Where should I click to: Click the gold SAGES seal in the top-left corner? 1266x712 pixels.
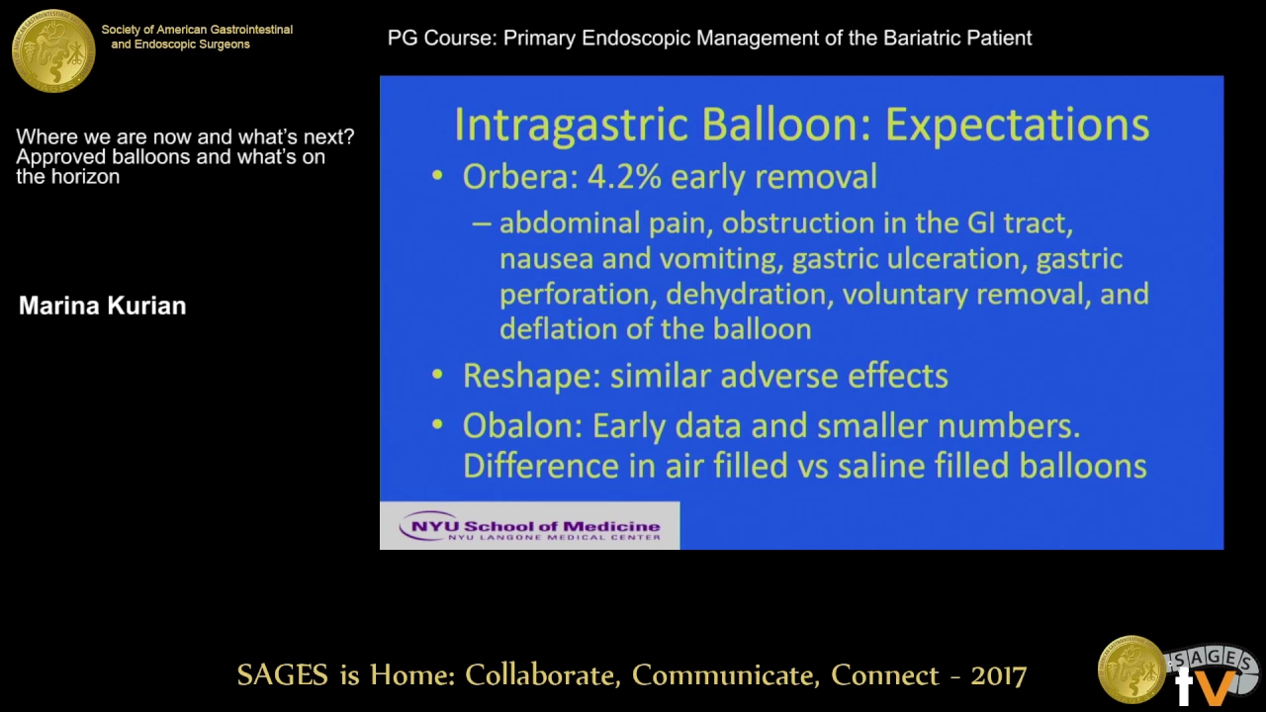(53, 50)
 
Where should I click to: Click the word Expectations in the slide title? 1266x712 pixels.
(1017, 126)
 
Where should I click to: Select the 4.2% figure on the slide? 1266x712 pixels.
(624, 176)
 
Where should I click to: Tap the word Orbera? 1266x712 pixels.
(521, 176)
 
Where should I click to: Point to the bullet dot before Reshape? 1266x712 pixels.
(437, 375)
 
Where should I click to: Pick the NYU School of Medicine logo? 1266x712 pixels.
(529, 525)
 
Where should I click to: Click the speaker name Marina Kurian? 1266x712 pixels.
(102, 306)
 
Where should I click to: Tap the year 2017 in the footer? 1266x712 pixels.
(998, 675)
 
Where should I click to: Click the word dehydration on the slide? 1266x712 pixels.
(750, 295)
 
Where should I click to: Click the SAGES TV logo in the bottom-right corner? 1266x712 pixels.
(1179, 671)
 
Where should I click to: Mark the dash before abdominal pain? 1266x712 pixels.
(482, 223)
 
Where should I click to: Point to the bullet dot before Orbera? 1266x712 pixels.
(437, 176)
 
